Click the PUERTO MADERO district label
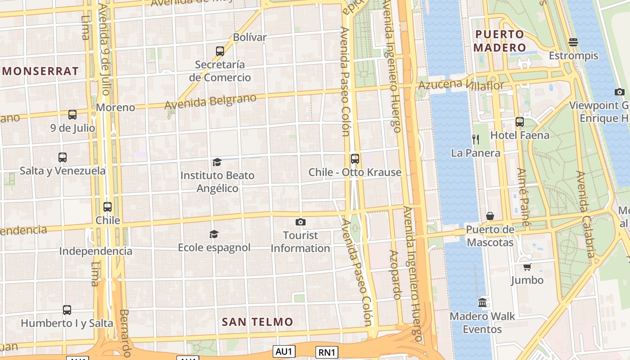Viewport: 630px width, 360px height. (x=500, y=41)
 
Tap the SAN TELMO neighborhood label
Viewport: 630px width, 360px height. (x=257, y=322)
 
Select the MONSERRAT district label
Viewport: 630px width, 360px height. (x=40, y=71)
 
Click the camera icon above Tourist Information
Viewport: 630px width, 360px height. (x=301, y=222)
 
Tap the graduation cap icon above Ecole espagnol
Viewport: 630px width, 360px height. (x=214, y=234)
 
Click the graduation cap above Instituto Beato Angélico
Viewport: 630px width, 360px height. (x=217, y=162)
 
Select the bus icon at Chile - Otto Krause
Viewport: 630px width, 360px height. (x=355, y=158)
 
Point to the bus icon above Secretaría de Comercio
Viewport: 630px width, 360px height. (x=220, y=51)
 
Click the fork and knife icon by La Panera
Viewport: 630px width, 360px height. (x=476, y=139)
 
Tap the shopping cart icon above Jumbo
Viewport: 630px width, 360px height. (x=527, y=267)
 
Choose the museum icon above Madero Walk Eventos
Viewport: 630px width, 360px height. (x=482, y=302)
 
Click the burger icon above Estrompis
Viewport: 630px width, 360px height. (x=573, y=42)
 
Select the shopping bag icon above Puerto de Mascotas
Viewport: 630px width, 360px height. (x=490, y=216)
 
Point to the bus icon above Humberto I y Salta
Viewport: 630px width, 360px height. (x=67, y=310)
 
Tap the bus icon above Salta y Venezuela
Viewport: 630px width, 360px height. (x=63, y=157)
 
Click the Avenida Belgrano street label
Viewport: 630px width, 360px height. (x=211, y=101)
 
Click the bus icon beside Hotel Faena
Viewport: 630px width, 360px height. (x=520, y=121)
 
